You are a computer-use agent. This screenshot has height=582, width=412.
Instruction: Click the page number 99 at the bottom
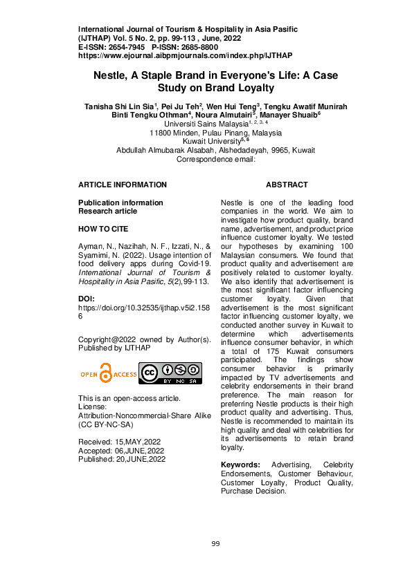click(215, 544)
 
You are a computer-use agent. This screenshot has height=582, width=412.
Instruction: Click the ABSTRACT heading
click(287, 185)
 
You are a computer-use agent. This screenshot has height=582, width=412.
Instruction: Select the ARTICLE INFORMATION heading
click(123, 185)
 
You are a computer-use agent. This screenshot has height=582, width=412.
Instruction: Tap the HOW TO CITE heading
click(103, 229)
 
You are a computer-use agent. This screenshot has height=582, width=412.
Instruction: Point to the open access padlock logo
click(106, 374)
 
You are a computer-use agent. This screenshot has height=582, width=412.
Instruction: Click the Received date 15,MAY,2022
click(140, 442)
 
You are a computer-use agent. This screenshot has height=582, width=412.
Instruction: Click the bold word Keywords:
click(240, 464)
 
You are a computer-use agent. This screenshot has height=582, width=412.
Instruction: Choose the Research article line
click(107, 212)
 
